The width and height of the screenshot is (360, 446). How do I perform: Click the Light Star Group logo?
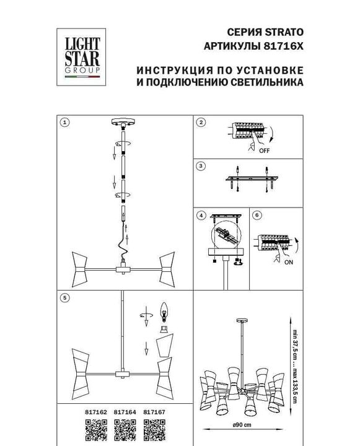point(79,56)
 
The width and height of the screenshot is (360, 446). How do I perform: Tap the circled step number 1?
point(64,122)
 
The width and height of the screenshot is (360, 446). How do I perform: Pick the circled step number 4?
point(200,215)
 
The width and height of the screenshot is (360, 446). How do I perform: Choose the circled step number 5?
point(64,298)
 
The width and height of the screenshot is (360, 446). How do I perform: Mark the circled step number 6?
point(257,215)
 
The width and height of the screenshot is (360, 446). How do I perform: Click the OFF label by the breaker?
point(265,151)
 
